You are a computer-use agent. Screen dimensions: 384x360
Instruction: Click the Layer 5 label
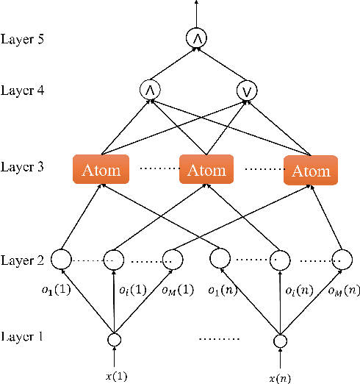click(23, 38)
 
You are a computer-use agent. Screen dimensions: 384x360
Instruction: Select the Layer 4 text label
click(23, 90)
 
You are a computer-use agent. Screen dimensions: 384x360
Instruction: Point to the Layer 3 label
click(23, 167)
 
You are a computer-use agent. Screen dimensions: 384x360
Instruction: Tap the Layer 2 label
click(23, 260)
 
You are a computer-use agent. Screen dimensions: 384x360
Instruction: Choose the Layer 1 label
click(23, 338)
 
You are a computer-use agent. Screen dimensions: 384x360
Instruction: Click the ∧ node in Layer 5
click(195, 38)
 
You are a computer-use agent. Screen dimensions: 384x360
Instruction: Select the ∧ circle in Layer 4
click(149, 90)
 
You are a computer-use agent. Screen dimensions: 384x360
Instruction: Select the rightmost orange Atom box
click(311, 170)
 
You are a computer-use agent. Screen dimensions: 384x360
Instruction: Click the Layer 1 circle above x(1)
click(113, 340)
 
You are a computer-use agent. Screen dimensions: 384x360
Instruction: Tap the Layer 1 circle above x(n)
click(280, 340)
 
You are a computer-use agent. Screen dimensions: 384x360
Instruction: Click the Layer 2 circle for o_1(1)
click(62, 260)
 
